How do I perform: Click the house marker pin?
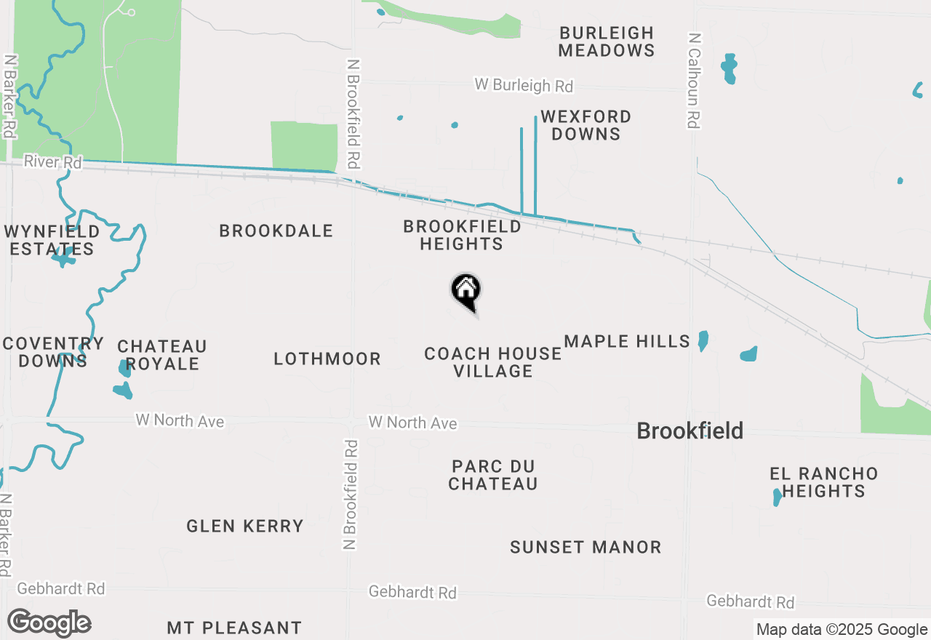click(x=466, y=291)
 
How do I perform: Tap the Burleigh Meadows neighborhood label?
click(x=607, y=41)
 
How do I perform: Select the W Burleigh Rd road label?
click(x=524, y=85)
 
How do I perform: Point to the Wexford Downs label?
click(x=585, y=125)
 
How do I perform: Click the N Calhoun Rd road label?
click(x=694, y=80)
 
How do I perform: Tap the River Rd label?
click(x=52, y=161)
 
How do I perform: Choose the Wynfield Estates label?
click(x=52, y=240)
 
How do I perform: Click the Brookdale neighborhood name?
click(x=276, y=231)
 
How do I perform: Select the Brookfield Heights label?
click(x=462, y=235)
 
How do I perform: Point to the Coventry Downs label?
click(x=53, y=352)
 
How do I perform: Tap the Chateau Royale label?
click(x=162, y=355)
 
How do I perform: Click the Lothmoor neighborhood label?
click(x=327, y=359)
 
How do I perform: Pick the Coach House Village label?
click(x=493, y=362)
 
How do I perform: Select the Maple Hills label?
click(x=627, y=341)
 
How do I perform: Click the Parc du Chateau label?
click(x=493, y=475)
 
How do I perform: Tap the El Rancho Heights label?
click(x=824, y=482)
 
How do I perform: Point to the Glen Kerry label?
click(x=245, y=526)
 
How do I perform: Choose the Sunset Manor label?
click(x=586, y=547)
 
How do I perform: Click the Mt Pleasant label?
click(x=234, y=627)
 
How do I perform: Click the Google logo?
click(x=49, y=623)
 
